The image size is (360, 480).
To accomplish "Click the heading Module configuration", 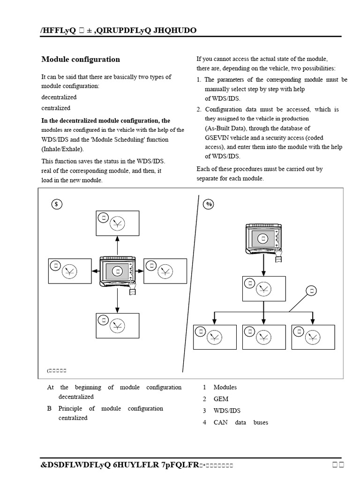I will tap(81, 60).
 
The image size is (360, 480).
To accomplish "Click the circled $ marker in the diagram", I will tap(56, 204).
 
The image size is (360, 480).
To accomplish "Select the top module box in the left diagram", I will tap(117, 223).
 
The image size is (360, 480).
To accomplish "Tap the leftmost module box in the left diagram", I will tap(69, 270).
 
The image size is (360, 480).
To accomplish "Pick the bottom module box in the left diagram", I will tap(117, 326).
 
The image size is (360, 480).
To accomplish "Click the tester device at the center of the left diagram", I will tap(118, 271).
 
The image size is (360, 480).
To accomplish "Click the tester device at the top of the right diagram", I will tap(264, 238).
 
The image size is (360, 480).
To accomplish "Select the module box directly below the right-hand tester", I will tap(263, 288).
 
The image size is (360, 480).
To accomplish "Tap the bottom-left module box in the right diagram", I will tap(215, 337).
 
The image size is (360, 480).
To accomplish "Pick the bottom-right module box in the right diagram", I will tap(313, 337).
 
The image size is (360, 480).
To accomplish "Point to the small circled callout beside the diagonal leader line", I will tap(311, 291).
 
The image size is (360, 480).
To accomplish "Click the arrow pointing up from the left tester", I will tap(117, 246).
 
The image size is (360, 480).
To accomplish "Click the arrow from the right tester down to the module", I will tap(264, 265).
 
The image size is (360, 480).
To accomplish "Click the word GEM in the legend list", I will tap(221, 399).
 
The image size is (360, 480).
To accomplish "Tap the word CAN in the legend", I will tap(220, 422).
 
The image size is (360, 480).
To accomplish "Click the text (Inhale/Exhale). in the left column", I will tap(63, 149).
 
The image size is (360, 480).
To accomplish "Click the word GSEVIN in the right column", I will tap(218, 138).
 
